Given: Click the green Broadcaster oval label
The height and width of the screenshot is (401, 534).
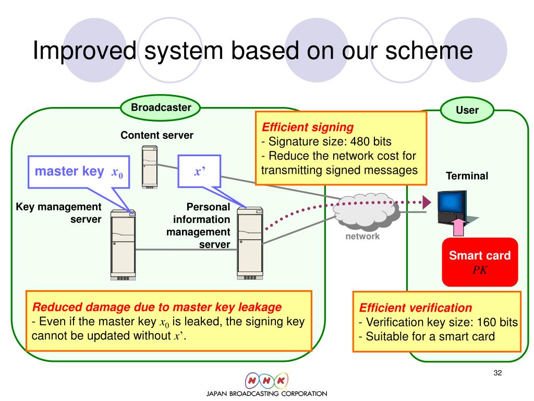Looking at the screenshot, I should click(x=161, y=108).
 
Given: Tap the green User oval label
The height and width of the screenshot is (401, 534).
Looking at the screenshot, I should click(x=467, y=110).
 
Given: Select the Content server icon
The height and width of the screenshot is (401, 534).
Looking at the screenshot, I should click(x=150, y=167).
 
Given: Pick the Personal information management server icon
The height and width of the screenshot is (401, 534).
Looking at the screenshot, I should click(x=250, y=242).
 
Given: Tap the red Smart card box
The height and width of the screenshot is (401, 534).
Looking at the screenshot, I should click(x=480, y=262).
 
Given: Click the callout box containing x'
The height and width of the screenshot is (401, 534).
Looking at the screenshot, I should click(x=199, y=172).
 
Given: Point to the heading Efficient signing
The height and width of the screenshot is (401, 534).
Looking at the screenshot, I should click(x=308, y=127).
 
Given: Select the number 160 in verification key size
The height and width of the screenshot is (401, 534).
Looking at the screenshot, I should click(x=484, y=322).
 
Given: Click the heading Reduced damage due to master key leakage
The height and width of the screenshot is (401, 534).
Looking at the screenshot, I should click(x=157, y=306).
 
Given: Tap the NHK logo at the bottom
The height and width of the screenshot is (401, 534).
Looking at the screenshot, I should click(x=266, y=380).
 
